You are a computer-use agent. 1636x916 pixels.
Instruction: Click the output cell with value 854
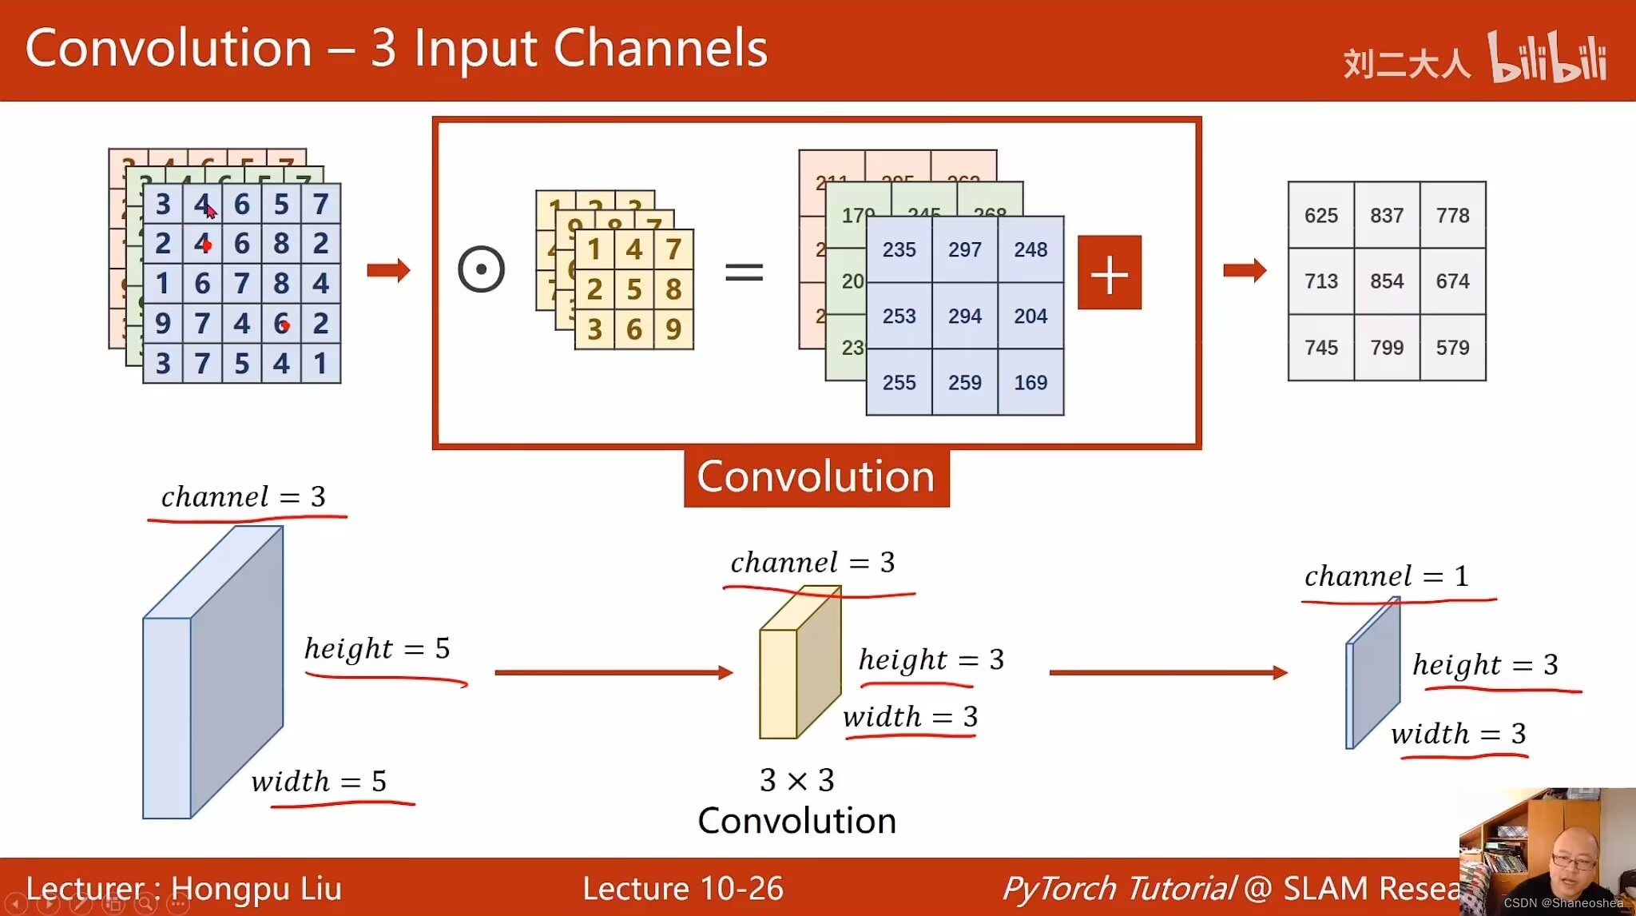[1386, 281]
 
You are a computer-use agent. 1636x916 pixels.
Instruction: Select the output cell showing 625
[1320, 216]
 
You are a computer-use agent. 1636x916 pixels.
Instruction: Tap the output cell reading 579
[1452, 348]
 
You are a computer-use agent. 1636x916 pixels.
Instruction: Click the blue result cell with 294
[964, 317]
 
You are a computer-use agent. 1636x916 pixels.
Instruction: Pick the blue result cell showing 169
[1030, 383]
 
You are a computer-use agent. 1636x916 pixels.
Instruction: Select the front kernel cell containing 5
[633, 289]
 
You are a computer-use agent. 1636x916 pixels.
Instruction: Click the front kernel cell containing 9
[673, 329]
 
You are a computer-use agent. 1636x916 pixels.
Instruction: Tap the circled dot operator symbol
[481, 269]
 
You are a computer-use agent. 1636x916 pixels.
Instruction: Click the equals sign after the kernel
[744, 273]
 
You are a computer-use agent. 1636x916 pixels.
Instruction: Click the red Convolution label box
[816, 477]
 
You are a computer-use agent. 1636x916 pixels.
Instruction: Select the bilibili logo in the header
[1547, 58]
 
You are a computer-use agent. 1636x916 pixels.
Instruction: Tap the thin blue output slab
[1372, 675]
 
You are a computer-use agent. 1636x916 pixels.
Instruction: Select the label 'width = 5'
[319, 781]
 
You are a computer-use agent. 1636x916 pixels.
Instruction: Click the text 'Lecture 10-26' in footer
[682, 889]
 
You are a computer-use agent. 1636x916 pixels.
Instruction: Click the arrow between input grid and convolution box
[388, 270]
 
